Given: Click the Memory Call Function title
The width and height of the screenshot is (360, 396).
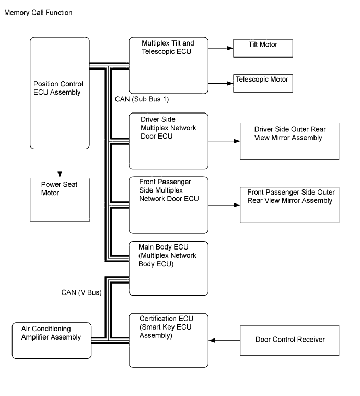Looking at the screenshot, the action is coord(38,13).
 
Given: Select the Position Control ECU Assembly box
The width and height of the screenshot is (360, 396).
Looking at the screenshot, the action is coord(60,93).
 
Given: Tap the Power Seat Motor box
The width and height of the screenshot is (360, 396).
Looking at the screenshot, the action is coord(60,200).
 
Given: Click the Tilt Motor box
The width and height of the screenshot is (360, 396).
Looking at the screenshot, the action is coord(263,48).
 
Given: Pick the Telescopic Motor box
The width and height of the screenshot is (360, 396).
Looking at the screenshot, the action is coord(263,83).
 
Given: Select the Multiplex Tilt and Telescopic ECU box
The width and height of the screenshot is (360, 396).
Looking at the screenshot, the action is coord(168,65).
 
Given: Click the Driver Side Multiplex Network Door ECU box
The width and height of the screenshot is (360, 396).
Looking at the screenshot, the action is coord(168,141).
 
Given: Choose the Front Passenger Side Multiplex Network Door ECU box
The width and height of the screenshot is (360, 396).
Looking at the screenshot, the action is coord(168,205).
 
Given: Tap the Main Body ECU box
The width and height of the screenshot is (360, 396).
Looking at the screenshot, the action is coord(168,268).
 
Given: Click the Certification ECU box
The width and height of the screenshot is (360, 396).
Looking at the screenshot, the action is coord(168,341).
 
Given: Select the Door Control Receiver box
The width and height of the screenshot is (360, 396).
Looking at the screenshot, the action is coord(289,340).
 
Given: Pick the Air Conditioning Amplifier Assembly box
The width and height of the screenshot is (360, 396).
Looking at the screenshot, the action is coord(52,341).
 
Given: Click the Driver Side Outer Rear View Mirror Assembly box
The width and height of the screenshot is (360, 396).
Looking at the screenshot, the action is coord(289,141).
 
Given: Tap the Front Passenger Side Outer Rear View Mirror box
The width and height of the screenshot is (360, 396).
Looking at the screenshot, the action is coord(289,205).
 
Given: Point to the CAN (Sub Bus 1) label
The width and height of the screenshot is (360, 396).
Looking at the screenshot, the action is coord(142,99).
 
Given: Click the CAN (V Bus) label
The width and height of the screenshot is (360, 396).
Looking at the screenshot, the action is coord(82,292).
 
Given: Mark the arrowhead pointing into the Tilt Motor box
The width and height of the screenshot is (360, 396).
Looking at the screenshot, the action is coord(230,48).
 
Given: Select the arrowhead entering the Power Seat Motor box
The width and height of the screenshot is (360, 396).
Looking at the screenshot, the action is coord(60,175).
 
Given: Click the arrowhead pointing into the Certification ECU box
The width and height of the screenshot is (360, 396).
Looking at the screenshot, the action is coord(212,341).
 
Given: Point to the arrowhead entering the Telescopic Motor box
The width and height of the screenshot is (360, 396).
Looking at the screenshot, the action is coord(230,83).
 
